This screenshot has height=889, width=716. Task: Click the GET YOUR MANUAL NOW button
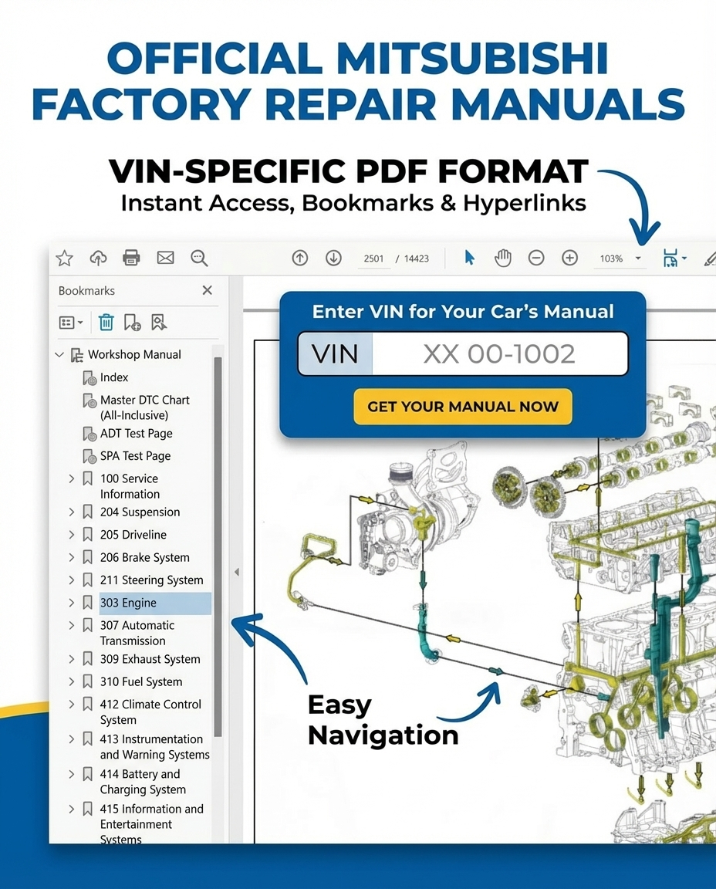pyautogui.click(x=462, y=407)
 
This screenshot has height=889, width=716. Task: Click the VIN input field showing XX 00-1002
pyautogui.click(x=498, y=354)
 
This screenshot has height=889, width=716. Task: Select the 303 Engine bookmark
pyautogui.click(x=128, y=603)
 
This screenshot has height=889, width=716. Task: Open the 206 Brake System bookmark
pyautogui.click(x=144, y=557)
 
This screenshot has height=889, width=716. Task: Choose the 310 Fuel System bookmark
pyautogui.click(x=141, y=681)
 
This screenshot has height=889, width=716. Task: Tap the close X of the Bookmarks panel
pyautogui.click(x=207, y=290)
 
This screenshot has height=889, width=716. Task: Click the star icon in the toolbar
pyautogui.click(x=64, y=258)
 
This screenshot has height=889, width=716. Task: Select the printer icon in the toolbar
pyautogui.click(x=132, y=258)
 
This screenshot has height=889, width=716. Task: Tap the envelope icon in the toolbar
pyautogui.click(x=165, y=258)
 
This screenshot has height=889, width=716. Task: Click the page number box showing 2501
pyautogui.click(x=373, y=259)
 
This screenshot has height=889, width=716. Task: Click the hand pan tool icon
pyautogui.click(x=502, y=258)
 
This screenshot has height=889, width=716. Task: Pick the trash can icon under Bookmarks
pyautogui.click(x=106, y=322)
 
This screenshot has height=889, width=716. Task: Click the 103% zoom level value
pyautogui.click(x=611, y=259)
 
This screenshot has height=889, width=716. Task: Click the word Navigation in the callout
pyautogui.click(x=383, y=735)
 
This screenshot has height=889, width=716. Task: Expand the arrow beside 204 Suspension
pyautogui.click(x=72, y=512)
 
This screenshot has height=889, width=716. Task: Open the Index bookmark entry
pyautogui.click(x=114, y=377)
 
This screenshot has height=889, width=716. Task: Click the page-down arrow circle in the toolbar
pyautogui.click(x=333, y=258)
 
